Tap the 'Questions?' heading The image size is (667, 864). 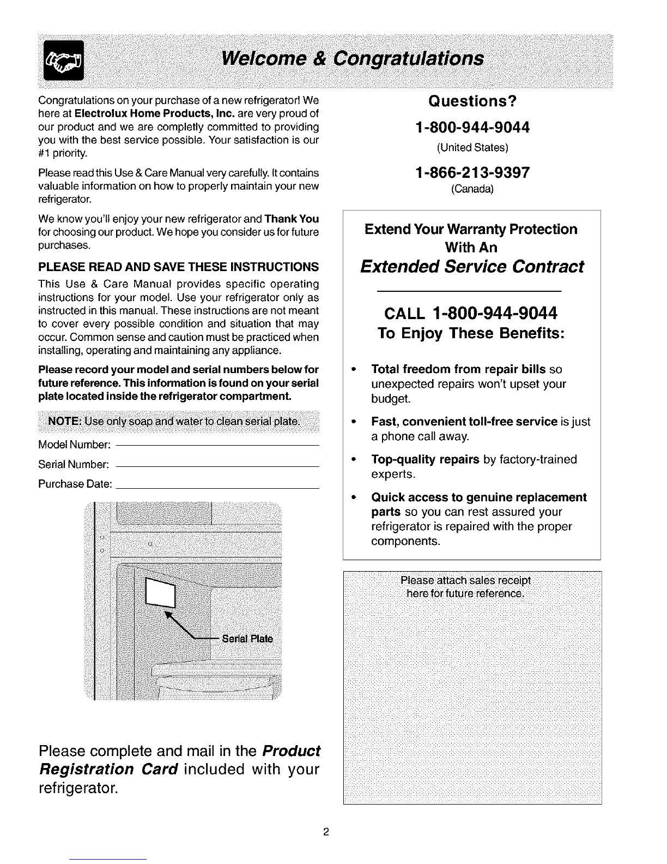[x=472, y=101]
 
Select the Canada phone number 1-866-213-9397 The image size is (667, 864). [x=472, y=173]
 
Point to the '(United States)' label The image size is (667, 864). [x=472, y=147]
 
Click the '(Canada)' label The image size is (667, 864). [x=472, y=190]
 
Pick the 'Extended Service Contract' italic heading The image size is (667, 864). [x=472, y=267]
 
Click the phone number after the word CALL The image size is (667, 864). [x=494, y=313]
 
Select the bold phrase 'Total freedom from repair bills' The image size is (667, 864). [x=458, y=369]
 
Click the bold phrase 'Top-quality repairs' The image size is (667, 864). [x=425, y=460]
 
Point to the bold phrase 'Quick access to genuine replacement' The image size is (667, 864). [x=479, y=497]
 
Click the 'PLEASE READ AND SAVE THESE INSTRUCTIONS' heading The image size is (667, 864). [x=179, y=267]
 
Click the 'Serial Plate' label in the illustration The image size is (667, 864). [x=247, y=639]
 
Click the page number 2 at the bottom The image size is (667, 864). [x=326, y=832]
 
